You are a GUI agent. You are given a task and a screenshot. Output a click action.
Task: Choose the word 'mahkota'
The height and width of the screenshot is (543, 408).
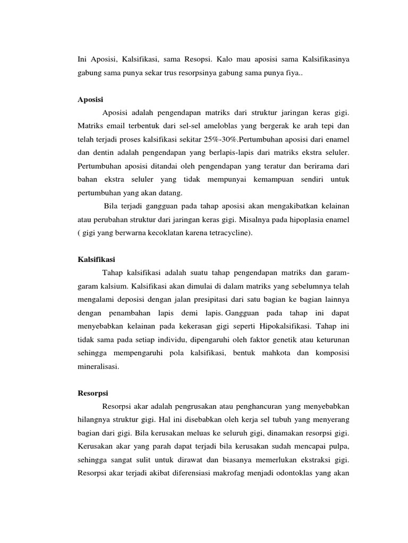coord(268,353)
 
